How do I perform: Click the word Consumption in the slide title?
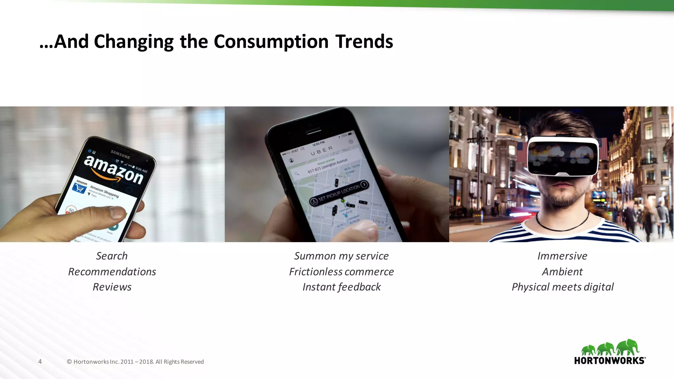271,42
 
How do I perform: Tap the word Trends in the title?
364,42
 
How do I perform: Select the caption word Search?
112,256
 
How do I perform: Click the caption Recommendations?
112,272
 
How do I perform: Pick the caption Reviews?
112,287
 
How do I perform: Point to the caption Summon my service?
341,256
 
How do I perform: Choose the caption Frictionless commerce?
341,272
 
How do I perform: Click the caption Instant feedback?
341,287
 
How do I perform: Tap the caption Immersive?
562,256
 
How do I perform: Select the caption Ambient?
562,272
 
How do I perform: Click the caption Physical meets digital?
562,287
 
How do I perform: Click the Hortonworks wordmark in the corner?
609,361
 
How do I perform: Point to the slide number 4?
40,362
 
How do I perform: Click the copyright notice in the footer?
135,362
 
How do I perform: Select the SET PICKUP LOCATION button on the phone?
339,193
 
